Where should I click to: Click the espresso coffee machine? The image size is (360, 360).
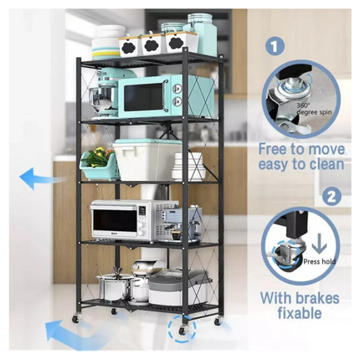point(182,221)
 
